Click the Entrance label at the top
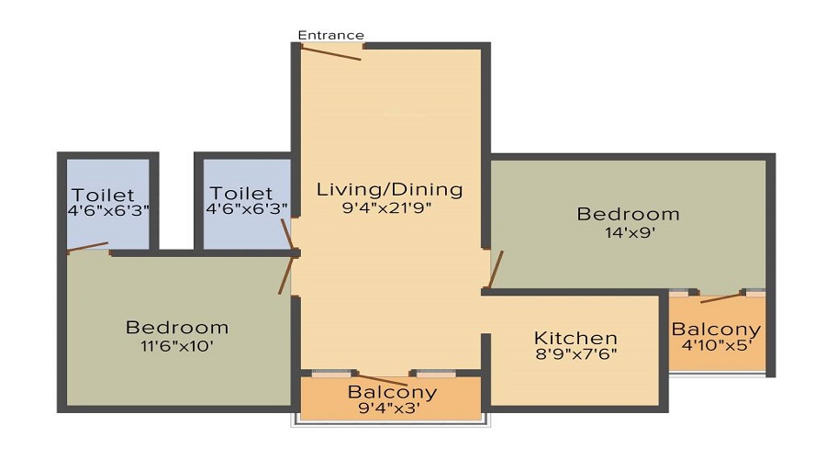coord(330,35)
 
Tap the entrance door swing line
coord(331,52)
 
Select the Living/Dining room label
coord(389,190)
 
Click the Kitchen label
coord(575,338)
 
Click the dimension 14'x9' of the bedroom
coord(628,232)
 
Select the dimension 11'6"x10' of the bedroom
coord(176,346)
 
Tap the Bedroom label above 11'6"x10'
coord(177,328)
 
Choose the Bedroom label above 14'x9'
coord(628,214)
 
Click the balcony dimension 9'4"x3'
coord(392,409)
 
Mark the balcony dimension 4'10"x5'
coord(715,347)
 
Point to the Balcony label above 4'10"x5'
coord(716,330)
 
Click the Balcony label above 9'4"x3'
coord(392,392)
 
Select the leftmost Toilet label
coord(104,195)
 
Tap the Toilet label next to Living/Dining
coord(241,194)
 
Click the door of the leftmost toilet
coord(89,247)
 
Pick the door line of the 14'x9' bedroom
coord(496,269)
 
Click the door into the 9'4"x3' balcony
coord(383,380)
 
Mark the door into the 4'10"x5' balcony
coord(721,297)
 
